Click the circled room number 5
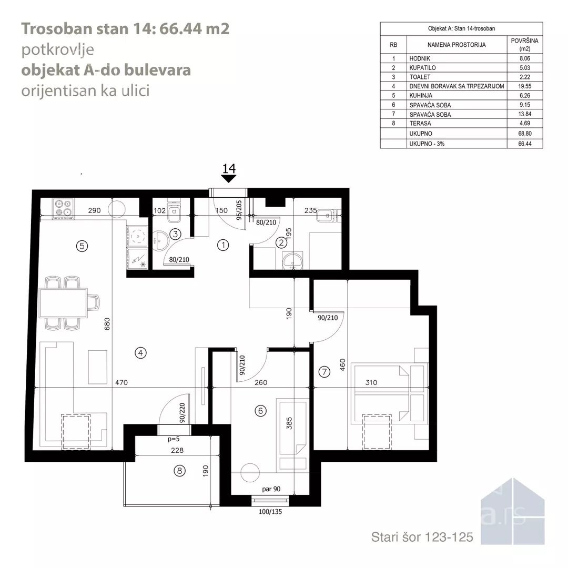82,246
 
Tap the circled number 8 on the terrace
180,471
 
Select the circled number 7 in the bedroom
324,372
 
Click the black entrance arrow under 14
229,179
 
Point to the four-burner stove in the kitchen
63,209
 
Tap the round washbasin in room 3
160,241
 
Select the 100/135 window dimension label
270,512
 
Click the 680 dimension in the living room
107,324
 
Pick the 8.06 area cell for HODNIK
524,58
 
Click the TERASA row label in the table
420,124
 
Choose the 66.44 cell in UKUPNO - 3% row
524,144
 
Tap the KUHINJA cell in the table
421,96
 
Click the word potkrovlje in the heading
58,49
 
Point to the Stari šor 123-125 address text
422,537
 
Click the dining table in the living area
64,303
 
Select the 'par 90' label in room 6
271,489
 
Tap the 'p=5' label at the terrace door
174,439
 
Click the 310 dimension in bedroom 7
371,382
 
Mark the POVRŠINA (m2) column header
524,45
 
